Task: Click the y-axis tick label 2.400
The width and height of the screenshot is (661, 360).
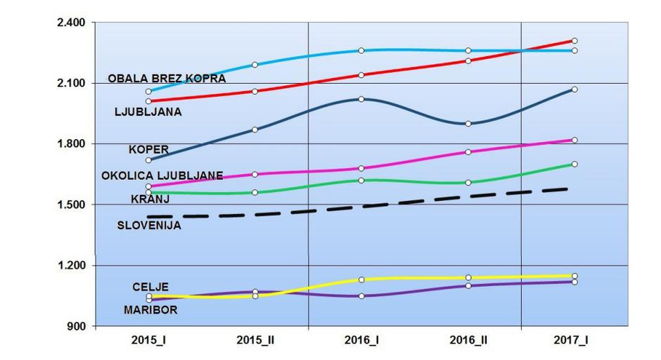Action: click(x=70, y=22)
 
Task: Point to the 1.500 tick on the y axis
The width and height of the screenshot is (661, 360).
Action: click(x=70, y=205)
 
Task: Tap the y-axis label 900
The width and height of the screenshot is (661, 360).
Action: click(x=76, y=326)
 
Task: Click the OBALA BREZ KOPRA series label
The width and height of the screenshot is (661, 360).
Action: click(x=167, y=79)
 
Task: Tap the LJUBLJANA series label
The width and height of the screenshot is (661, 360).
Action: click(x=148, y=111)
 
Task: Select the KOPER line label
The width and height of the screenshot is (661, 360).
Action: click(x=148, y=149)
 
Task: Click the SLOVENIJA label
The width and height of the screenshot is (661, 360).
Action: click(x=148, y=226)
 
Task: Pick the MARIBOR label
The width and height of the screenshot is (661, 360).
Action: click(x=150, y=309)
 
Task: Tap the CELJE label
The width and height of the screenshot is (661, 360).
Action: click(x=150, y=287)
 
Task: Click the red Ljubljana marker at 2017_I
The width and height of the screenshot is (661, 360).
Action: click(x=575, y=41)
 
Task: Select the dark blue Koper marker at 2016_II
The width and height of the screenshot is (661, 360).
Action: click(x=468, y=124)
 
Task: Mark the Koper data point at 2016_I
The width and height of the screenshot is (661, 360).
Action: click(x=361, y=99)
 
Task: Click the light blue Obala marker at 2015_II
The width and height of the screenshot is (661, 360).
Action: click(x=255, y=65)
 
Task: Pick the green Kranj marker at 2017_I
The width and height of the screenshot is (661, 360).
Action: click(x=575, y=164)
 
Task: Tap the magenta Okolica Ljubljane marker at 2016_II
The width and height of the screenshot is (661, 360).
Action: click(x=468, y=151)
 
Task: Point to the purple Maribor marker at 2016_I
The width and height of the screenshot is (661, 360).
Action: click(x=361, y=296)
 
